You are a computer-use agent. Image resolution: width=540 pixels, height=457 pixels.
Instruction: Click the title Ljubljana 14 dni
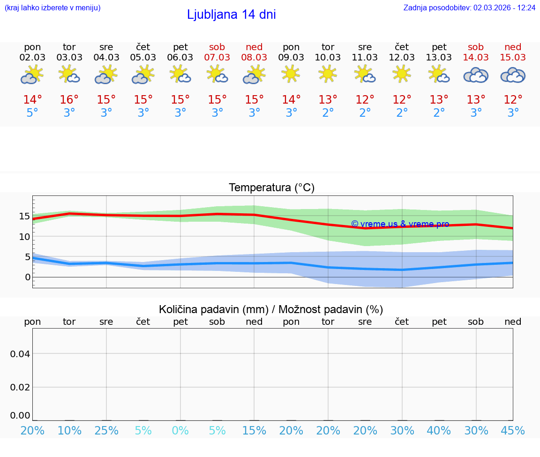point(231,15)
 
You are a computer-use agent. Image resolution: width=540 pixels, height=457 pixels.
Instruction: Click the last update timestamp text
point(469,7)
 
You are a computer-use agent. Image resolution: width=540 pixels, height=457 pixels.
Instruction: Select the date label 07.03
point(217,58)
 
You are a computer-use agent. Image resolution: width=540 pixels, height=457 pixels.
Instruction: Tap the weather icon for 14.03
point(476,75)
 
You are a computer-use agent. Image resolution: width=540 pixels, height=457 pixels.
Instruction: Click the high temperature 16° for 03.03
point(69,100)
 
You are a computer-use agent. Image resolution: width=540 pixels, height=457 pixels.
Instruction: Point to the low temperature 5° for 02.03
point(32,113)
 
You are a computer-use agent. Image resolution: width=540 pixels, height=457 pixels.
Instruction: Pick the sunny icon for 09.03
point(291,74)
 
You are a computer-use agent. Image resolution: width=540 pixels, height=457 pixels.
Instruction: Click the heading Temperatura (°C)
point(271,188)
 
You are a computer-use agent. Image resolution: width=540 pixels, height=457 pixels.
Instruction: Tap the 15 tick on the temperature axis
point(24,216)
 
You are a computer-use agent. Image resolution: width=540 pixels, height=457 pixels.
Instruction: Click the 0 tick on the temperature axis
point(27,277)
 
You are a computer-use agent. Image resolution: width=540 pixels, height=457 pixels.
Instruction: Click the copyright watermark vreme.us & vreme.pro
point(400,224)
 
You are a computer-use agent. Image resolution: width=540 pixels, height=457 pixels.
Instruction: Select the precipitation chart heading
point(271,309)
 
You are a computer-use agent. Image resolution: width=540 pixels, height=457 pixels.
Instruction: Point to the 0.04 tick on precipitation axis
point(20,354)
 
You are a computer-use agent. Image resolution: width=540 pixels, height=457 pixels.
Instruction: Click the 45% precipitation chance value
point(513,431)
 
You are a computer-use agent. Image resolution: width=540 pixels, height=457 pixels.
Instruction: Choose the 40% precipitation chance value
point(439,431)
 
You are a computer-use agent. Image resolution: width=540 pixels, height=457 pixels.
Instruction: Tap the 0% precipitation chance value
point(180,431)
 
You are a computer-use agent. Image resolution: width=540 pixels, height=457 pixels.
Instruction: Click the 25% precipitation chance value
point(106,431)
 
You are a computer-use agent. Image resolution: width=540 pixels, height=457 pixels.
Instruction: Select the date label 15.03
point(513,58)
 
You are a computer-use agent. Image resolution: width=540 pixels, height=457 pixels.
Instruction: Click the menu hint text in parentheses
point(52,7)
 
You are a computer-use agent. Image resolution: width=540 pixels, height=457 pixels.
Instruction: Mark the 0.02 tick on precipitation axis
point(20,387)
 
